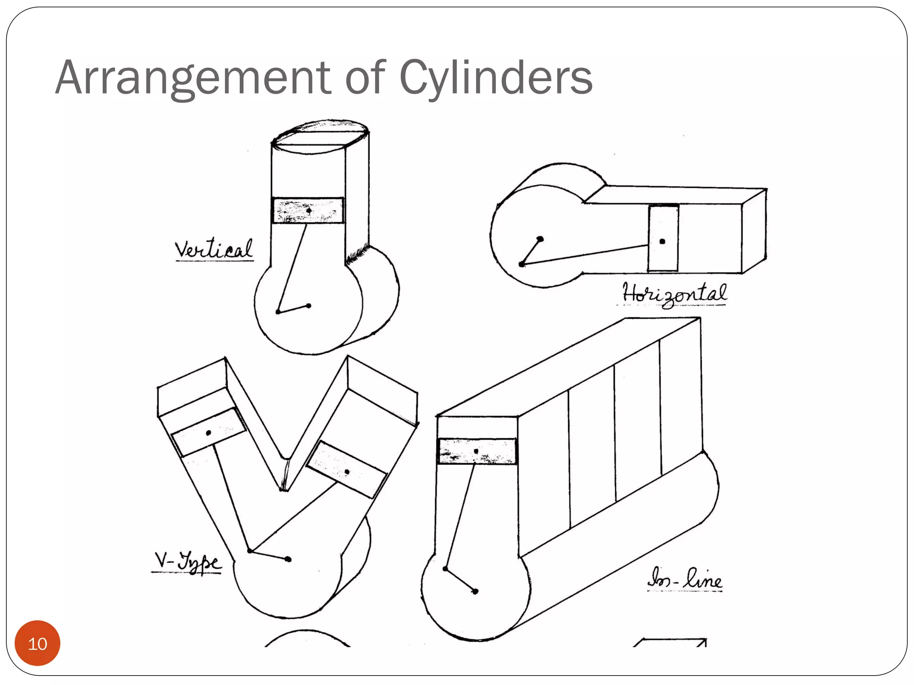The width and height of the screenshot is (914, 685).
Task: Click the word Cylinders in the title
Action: click(495, 78)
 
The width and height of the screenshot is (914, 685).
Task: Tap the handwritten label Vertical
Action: click(214, 250)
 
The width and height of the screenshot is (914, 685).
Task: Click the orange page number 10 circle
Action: click(37, 644)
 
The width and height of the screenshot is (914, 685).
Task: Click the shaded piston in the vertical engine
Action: click(308, 210)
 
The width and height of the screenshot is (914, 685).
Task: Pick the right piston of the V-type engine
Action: click(347, 470)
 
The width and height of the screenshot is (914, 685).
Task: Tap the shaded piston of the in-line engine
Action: click(477, 451)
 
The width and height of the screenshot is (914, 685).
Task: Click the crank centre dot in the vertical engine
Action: click(308, 306)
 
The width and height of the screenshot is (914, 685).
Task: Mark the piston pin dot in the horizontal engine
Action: click(662, 241)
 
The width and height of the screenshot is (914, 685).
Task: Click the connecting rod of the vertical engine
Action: click(292, 268)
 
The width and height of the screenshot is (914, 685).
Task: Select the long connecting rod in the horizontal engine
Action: click(585, 255)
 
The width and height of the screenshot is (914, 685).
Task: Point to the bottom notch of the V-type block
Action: click(284, 484)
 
